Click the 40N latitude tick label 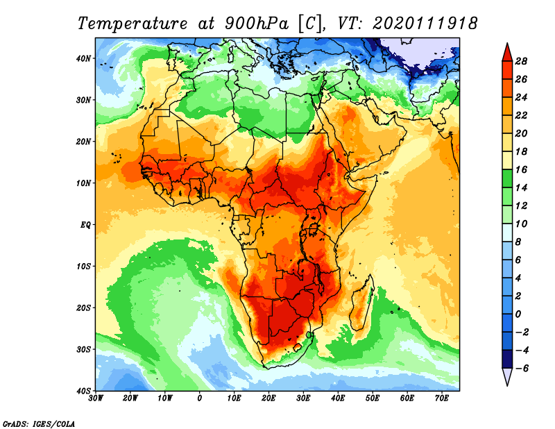click(x=83, y=58)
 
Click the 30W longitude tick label click(x=96, y=398)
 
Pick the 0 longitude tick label click(x=200, y=398)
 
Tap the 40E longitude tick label click(x=338, y=398)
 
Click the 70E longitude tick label click(x=442, y=398)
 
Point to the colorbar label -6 click(x=523, y=368)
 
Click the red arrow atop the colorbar click(x=507, y=51)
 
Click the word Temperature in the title click(x=133, y=23)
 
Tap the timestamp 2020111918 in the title click(x=425, y=23)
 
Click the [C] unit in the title click(x=309, y=23)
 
